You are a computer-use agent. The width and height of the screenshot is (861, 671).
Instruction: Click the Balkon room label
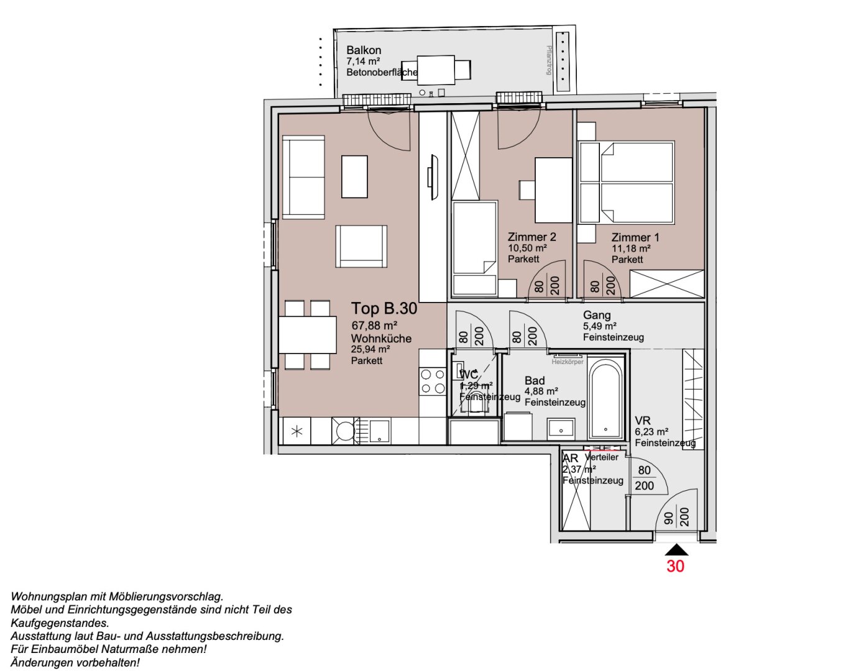364,50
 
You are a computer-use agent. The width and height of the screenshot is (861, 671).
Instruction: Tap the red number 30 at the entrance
675,566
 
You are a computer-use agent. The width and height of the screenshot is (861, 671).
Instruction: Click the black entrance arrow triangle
676,550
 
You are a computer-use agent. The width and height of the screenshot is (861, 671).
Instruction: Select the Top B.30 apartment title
384,309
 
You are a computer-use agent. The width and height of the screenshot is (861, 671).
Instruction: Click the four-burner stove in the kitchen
433,381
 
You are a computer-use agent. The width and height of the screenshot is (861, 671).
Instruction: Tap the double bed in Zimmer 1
627,183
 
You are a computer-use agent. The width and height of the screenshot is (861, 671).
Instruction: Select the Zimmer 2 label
532,237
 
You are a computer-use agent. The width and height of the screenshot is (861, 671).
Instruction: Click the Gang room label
596,315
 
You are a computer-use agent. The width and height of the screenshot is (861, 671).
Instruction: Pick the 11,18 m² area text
631,249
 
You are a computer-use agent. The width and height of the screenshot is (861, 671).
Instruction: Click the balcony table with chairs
436,70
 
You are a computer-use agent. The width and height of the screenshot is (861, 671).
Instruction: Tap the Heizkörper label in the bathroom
567,362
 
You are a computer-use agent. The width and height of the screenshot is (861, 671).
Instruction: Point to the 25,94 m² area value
371,349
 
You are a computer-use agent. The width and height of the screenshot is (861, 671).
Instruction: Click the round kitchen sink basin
344,430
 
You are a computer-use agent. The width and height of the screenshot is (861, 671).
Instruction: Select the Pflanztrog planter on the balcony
563,57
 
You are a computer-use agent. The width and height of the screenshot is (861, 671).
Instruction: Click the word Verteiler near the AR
602,457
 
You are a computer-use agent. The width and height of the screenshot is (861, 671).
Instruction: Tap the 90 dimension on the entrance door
668,518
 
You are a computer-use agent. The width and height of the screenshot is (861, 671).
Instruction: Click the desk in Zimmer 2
553,190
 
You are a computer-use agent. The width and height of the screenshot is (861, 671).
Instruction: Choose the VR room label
642,421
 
